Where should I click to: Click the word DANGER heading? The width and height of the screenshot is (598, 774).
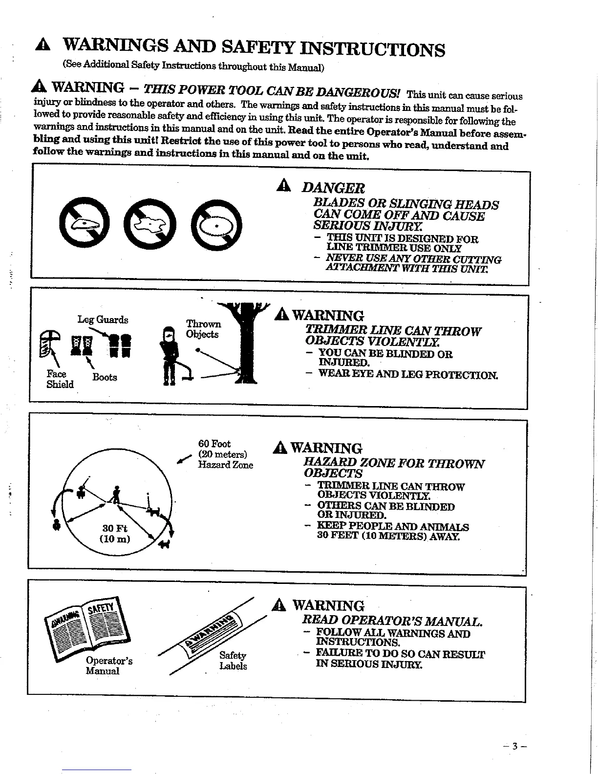(333, 188)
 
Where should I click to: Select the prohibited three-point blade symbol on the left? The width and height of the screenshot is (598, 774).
(85, 224)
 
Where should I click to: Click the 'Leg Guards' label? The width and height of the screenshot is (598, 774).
(103, 320)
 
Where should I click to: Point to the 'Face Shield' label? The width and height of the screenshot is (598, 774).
(60, 379)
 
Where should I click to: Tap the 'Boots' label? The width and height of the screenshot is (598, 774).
(105, 377)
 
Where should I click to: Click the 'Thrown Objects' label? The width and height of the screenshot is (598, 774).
(203, 329)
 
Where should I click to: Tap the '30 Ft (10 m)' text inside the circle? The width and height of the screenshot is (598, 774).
(115, 534)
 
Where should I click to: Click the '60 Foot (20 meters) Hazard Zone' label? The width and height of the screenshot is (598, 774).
(225, 454)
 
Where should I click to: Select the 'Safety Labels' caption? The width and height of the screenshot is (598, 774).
(233, 661)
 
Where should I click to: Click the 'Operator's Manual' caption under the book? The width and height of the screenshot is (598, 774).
(108, 666)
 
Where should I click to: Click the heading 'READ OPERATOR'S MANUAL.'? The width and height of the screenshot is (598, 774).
(392, 621)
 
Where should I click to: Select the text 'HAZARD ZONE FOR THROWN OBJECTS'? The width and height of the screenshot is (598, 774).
(394, 468)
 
